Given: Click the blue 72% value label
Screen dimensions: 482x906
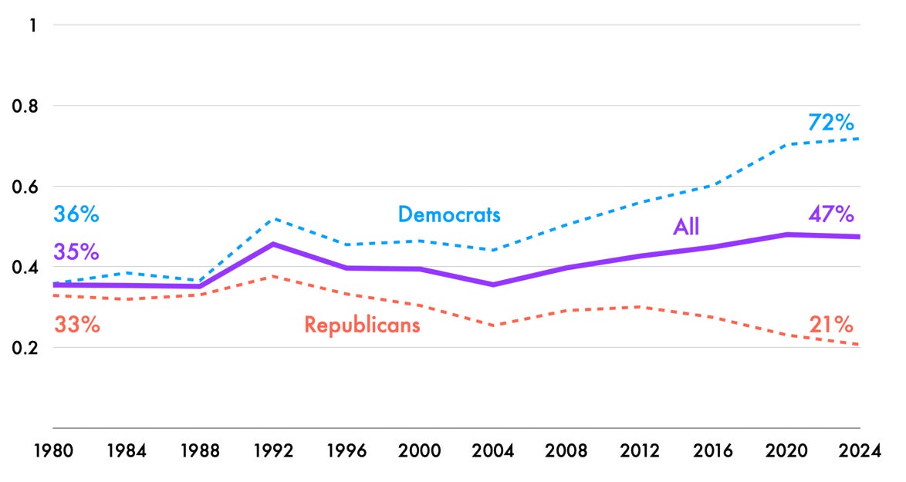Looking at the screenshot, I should [x=830, y=123].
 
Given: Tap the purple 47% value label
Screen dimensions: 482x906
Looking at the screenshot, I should [x=830, y=214].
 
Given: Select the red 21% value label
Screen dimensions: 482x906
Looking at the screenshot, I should [x=830, y=325].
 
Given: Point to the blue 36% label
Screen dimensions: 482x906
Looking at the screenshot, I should [x=76, y=214].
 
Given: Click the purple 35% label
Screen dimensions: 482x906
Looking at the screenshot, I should [x=76, y=252].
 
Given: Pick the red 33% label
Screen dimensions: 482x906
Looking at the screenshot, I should [x=76, y=325].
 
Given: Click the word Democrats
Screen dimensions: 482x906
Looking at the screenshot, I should [x=449, y=214].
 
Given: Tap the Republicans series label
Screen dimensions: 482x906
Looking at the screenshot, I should [x=362, y=325].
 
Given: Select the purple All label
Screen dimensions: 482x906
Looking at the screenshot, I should [x=686, y=227].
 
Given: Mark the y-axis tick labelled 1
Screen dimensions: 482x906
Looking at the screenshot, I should [x=33, y=25].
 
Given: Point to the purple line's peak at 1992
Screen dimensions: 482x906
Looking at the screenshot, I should [x=273, y=244].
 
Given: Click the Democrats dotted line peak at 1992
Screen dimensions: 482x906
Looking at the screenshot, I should [x=273, y=219].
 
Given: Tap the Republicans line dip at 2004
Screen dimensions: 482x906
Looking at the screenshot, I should [x=493, y=325].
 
